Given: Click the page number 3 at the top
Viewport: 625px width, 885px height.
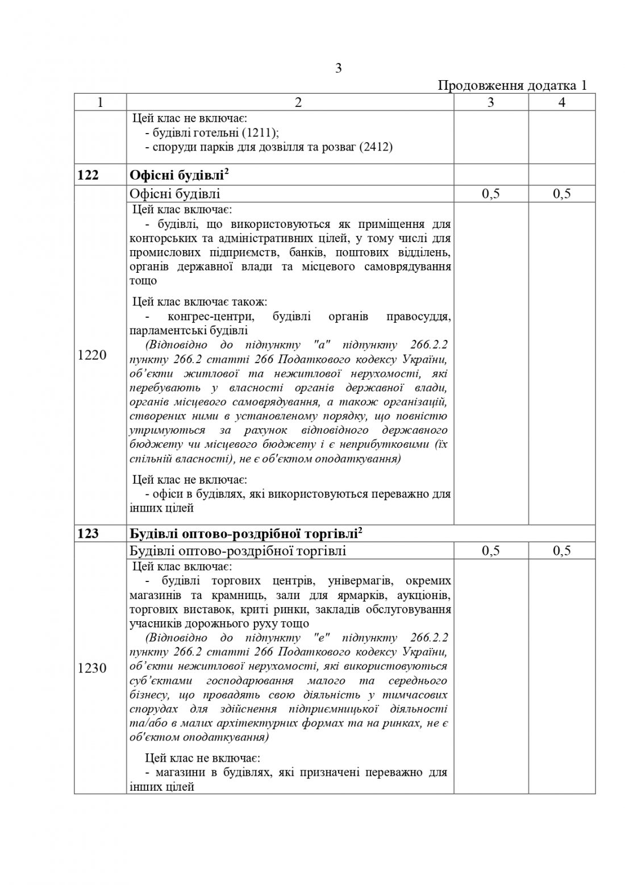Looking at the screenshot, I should point(339,68).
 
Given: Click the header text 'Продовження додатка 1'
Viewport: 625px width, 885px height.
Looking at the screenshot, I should point(512,86).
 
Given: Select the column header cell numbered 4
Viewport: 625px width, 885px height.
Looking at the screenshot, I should point(561,102).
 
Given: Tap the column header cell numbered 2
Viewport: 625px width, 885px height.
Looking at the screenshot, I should point(290,102).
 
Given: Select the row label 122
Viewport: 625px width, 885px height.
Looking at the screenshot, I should point(88,175).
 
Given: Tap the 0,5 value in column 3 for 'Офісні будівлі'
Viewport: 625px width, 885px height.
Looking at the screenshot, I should point(491,194).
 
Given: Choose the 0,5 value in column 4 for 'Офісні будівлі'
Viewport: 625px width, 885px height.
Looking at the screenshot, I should point(561,194).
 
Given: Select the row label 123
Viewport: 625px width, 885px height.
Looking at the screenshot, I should point(88,533).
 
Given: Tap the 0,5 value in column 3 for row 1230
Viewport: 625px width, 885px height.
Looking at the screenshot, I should point(491,551).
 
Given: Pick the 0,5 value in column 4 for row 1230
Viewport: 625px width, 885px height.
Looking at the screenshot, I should point(561,551).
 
